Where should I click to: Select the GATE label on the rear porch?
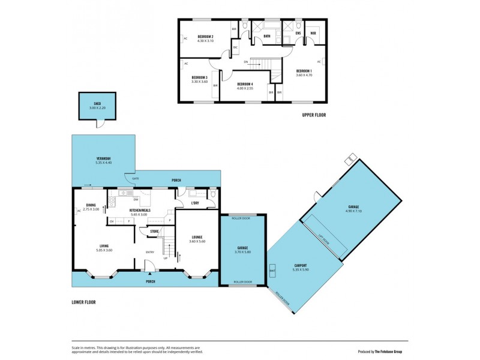tap(136, 179)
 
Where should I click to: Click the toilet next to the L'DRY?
tap(214, 194)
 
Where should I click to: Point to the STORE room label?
tap(154, 230)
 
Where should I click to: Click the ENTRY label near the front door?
tap(150, 252)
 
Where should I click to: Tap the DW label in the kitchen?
tap(136, 199)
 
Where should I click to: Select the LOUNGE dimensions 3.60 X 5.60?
tap(197, 241)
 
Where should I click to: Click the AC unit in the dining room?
tap(79, 211)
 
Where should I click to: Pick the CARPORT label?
tap(301, 265)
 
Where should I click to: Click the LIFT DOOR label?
tap(324, 239)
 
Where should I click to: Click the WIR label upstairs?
tap(313, 33)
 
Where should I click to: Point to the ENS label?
tap(298, 33)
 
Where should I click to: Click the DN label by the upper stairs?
tap(246, 61)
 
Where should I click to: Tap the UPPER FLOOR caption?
tap(314, 115)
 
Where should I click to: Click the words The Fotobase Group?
tap(392, 352)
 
